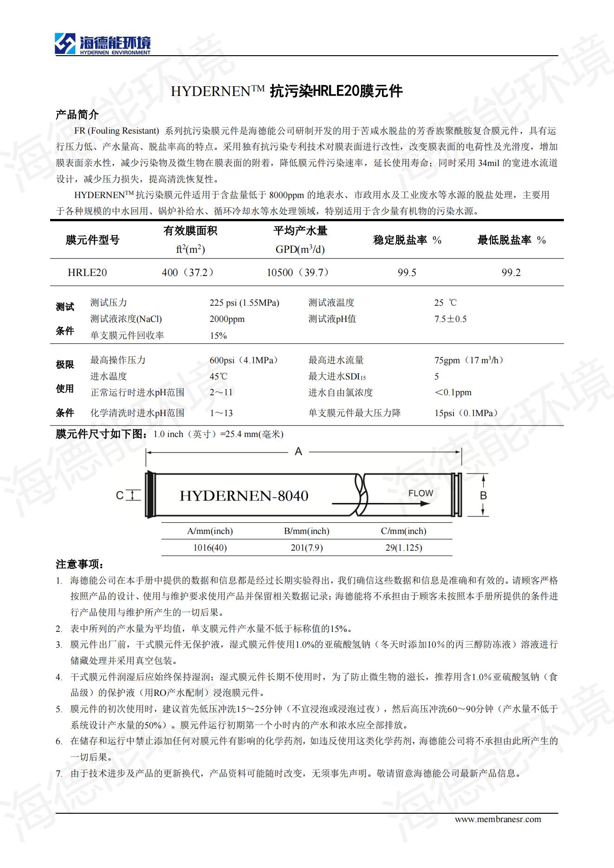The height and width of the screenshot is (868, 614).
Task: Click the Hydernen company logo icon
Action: pos(65,44)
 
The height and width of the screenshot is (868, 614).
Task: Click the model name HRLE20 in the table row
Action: pos(87,272)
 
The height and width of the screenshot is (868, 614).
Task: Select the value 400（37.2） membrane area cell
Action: pos(187,272)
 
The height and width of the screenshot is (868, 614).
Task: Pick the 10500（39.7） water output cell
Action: pos(298,272)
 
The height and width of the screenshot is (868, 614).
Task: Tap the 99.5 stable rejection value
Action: pos(407,273)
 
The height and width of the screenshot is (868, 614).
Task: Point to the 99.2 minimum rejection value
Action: pos(511,273)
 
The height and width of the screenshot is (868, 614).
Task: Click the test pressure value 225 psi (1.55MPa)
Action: pos(244,303)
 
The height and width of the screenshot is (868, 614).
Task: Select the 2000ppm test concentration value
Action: pos(227,319)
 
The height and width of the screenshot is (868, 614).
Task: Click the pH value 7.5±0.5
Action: pos(450,319)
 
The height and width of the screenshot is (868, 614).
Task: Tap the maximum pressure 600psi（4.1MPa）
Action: pos(244,360)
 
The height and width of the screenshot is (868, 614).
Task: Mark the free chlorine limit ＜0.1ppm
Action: pos(452,392)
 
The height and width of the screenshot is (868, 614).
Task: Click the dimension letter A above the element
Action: pos(298,451)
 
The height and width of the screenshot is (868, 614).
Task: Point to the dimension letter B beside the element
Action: pos(483,495)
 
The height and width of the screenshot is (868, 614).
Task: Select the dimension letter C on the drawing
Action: pos(120,495)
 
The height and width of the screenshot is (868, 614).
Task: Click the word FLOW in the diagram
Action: pos(420,493)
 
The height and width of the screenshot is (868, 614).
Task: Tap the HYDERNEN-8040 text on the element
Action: pos(244,496)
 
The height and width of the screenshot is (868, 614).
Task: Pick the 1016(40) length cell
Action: pos(210,548)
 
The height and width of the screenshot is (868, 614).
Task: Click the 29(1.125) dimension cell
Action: pos(403,548)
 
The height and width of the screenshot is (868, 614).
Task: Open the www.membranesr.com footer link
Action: pos(498,819)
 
